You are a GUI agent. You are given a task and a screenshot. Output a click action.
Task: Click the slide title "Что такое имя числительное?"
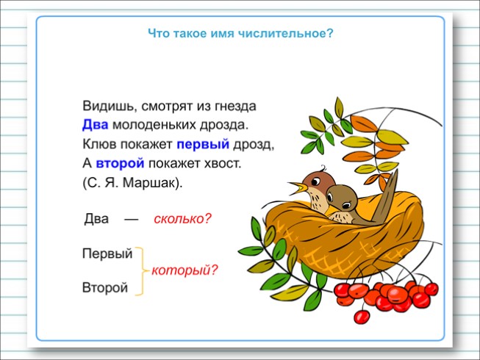240,32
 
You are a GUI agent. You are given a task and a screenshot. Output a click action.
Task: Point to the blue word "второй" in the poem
120,161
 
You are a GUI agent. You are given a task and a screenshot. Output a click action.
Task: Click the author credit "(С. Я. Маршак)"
132,180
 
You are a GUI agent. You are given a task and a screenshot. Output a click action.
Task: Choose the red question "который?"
185,270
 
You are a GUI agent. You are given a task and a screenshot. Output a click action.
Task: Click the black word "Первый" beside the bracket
107,254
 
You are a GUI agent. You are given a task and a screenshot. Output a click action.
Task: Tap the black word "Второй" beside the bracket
105,288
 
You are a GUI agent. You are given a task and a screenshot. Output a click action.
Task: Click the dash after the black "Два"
131,219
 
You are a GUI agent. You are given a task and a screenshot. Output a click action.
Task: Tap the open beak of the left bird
296,184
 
